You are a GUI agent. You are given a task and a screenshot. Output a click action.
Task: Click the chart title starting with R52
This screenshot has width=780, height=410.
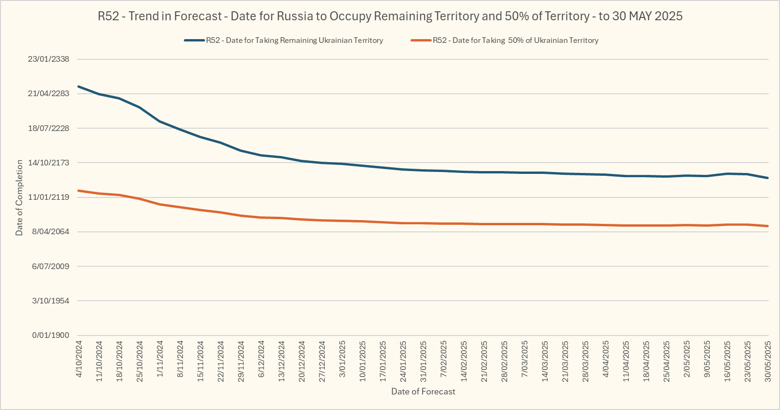click(390, 16)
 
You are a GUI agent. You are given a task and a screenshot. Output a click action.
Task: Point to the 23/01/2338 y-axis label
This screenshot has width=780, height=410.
click(49, 59)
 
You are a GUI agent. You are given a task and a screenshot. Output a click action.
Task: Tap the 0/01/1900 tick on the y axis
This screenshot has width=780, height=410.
click(50, 335)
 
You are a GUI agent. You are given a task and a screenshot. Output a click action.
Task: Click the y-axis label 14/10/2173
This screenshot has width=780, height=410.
click(49, 163)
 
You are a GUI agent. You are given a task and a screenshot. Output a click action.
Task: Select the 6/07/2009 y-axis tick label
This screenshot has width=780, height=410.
click(50, 266)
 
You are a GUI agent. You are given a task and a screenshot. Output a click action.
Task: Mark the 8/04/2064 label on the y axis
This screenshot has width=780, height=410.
click(50, 231)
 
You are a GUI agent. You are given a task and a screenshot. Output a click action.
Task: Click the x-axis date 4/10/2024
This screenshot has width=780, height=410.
click(79, 359)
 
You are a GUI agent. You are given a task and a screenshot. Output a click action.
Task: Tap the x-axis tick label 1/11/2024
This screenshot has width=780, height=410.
click(160, 359)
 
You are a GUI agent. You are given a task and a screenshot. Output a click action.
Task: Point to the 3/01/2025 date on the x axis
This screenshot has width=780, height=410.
click(342, 359)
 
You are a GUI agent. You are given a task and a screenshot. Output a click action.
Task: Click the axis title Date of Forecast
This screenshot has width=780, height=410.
click(423, 392)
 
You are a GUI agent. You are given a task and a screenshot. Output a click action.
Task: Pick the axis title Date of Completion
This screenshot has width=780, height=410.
click(19, 197)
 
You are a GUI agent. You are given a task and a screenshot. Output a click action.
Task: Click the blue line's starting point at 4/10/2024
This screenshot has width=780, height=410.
click(79, 86)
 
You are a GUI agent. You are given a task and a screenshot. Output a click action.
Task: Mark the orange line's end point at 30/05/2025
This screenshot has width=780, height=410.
click(768, 226)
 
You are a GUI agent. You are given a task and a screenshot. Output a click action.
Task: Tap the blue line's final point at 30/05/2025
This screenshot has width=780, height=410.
click(768, 178)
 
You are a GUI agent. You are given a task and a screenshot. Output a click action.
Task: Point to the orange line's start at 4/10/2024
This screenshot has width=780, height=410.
click(79, 191)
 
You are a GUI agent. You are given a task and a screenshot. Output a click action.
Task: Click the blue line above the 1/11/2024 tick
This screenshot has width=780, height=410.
click(160, 122)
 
